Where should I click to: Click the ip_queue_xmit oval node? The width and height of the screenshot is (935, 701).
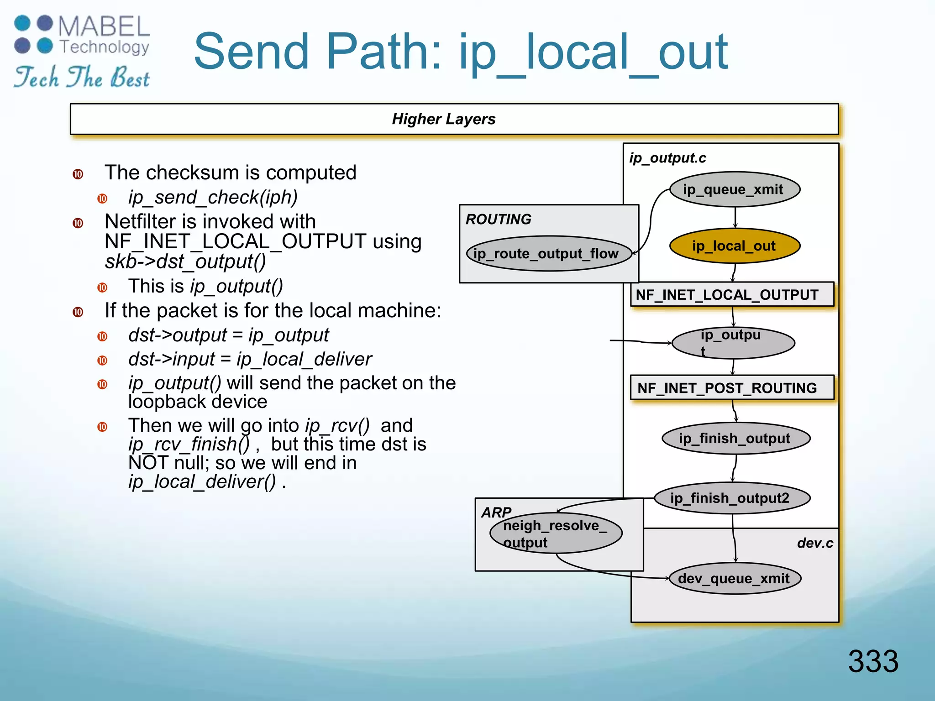735,189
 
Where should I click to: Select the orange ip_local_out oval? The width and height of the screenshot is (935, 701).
735,246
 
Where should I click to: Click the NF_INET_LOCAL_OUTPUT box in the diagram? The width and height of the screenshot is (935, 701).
732,294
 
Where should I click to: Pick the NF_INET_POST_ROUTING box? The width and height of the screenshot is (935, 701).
732,388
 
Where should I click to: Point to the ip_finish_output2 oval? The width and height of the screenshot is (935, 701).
732,498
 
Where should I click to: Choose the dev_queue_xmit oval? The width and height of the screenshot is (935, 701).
735,578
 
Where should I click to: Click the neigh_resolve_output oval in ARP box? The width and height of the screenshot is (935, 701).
556,534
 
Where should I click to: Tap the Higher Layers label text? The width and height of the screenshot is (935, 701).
443,119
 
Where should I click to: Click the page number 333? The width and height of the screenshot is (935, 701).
873,661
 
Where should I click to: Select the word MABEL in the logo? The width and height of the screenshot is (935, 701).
104,26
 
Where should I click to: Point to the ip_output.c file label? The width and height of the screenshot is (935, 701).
667,158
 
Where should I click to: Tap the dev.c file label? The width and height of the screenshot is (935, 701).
815,543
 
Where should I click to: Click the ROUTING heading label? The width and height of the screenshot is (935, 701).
499,219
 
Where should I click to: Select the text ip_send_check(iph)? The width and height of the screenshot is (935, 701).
213,197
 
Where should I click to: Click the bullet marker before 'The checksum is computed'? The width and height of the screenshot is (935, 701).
78,174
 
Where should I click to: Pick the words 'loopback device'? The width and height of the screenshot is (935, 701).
198,402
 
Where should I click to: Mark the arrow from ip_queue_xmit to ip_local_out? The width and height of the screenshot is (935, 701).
735,217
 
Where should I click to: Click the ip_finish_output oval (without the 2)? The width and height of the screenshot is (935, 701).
735,439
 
